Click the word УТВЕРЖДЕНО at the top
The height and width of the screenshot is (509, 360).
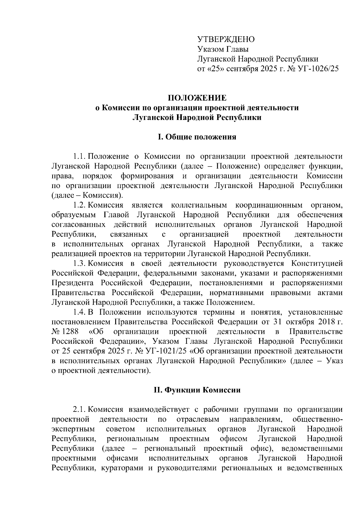pos(226,39)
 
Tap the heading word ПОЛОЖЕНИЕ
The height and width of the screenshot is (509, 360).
pos(197,98)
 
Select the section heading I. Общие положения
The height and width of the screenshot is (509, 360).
pos(197,137)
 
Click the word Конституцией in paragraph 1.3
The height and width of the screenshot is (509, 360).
pos(317,264)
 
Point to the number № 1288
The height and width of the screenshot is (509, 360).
pos(65,332)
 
